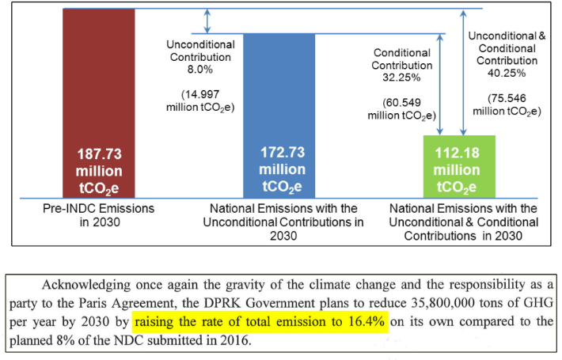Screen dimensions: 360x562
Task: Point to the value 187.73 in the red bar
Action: point(99,154)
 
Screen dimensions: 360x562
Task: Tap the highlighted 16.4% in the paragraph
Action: point(366,322)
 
